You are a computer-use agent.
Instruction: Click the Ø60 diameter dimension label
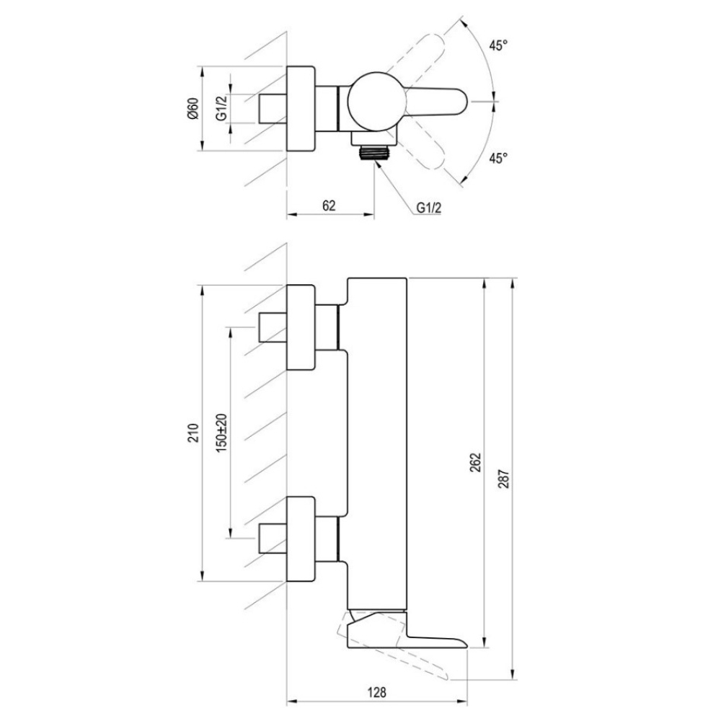pos(193,109)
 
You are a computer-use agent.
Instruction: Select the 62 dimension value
pos(329,205)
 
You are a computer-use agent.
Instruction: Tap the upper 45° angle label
pos(498,45)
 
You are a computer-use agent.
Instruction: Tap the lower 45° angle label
pos(498,158)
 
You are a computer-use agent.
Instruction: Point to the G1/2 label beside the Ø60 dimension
pos(221,109)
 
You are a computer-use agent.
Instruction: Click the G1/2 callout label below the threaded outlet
pos(428,208)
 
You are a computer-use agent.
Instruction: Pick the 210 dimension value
pos(194,433)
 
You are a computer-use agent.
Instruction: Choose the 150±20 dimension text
pos(221,433)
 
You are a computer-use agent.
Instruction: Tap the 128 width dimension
pos(377,691)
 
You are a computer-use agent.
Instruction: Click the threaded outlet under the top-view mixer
pos(375,153)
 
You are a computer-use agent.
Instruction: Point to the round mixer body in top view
pos(376,101)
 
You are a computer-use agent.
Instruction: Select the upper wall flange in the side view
pos(301,327)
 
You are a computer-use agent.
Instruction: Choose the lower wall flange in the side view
pos(301,539)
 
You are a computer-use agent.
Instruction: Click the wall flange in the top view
pos(301,109)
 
